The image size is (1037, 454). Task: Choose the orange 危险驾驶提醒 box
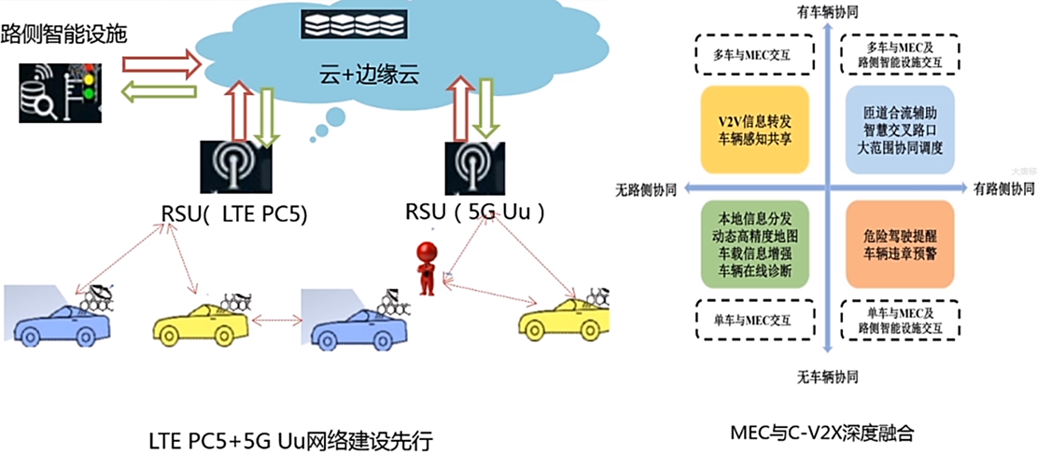[903, 243]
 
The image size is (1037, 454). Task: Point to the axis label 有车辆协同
[827, 12]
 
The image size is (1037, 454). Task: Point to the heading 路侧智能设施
[64, 35]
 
